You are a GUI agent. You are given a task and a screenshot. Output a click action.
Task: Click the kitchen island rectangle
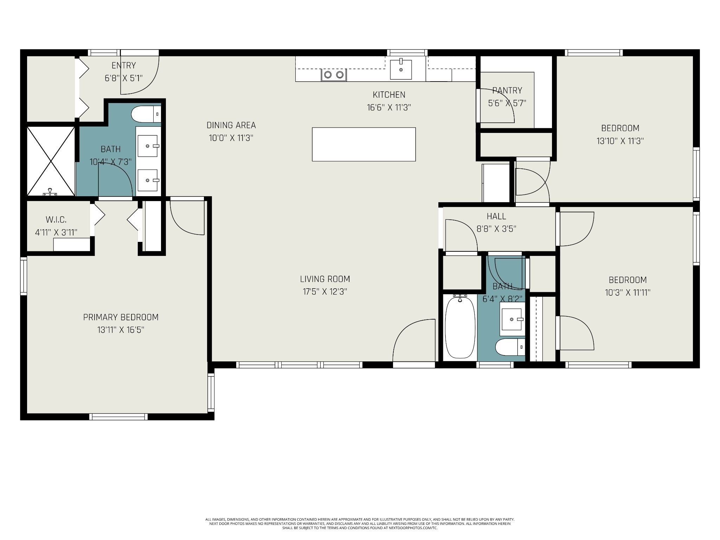[x=364, y=144]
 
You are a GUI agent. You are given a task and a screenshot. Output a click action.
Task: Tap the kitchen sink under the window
[x=401, y=69]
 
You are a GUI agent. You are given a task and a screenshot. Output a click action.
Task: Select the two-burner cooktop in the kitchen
[x=334, y=75]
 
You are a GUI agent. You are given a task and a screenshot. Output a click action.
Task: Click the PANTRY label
[x=507, y=91]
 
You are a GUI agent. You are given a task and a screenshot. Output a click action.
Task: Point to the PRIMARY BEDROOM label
[x=121, y=317]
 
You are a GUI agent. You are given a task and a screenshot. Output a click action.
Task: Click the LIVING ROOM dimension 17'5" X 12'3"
[x=325, y=292]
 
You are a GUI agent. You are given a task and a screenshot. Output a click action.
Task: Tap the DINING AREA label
[x=231, y=125]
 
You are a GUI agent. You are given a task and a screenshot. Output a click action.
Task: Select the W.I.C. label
[x=56, y=220]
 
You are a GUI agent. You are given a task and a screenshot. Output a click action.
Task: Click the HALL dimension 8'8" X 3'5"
[x=496, y=229]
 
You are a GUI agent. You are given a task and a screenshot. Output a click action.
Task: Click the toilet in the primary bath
[x=146, y=114]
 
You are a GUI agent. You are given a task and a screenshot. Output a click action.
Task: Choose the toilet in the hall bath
[x=510, y=347]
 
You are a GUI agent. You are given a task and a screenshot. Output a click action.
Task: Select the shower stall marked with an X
[x=51, y=161]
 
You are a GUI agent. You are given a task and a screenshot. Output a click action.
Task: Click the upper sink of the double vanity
[x=147, y=146]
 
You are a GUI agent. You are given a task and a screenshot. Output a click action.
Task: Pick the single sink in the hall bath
[x=512, y=319]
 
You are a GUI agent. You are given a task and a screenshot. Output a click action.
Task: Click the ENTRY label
[x=124, y=65]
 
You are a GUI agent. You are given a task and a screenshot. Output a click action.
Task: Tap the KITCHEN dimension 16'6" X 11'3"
[x=389, y=108]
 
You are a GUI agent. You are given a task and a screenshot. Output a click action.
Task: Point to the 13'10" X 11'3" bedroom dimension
[x=620, y=141]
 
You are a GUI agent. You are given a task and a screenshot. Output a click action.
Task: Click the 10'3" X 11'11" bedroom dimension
[x=628, y=292]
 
